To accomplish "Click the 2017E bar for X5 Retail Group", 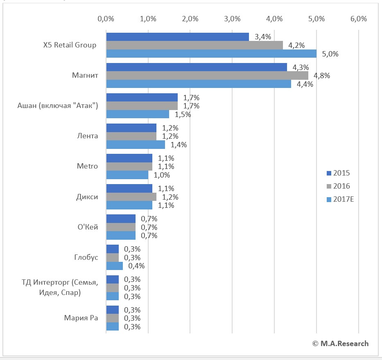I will [211, 54].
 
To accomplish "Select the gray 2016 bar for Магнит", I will [207, 76].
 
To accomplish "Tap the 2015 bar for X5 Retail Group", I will [177, 37].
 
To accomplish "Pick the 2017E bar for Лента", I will [136, 145].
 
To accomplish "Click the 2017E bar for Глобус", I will [114, 266].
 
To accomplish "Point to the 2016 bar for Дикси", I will [131, 197].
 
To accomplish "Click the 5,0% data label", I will [330, 54].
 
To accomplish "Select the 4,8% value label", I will [322, 76].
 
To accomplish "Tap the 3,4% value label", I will [262, 37].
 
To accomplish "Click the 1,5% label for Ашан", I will [183, 115].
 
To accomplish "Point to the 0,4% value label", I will [136, 266].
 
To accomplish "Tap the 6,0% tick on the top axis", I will [359, 18].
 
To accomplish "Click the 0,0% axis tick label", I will [106, 18].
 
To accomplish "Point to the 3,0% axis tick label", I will [233, 18].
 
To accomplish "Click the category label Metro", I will [87, 166].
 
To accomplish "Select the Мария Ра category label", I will [81, 318].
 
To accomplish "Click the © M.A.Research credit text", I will [340, 344].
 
